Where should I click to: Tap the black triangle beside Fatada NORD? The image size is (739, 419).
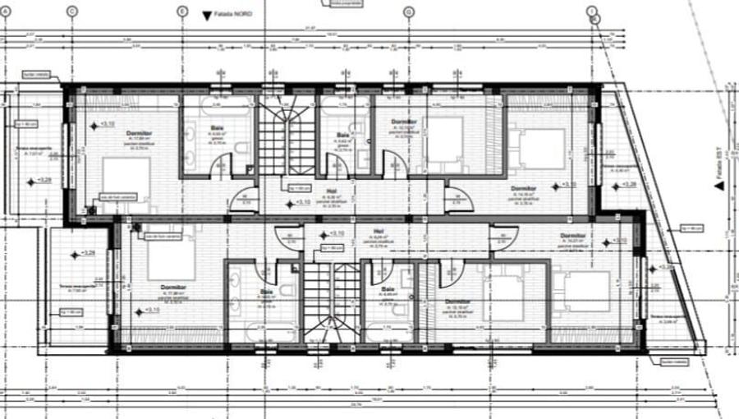coord(204,14)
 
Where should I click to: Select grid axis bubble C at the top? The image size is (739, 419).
coord(71,11)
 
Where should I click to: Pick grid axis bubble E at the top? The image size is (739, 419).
coord(181,11)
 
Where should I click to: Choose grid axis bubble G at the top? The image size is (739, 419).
coord(408,11)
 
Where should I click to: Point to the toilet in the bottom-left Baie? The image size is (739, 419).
coord(287,290)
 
